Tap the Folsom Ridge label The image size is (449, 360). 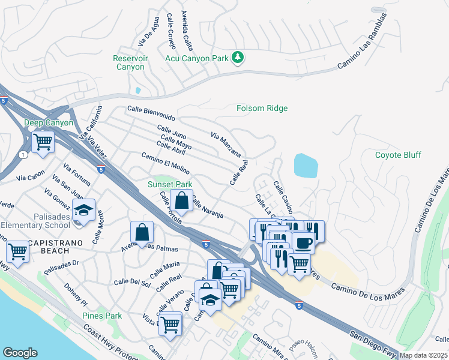pyautogui.click(x=262, y=109)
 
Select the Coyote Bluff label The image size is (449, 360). pyautogui.click(x=398, y=155)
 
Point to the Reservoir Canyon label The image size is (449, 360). pyautogui.click(x=129, y=62)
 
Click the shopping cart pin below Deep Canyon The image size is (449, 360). pyautogui.click(x=43, y=143)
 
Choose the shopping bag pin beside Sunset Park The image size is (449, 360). pyautogui.click(x=181, y=200)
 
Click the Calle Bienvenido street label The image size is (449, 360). pyautogui.click(x=151, y=113)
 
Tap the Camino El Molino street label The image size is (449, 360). pyautogui.click(x=165, y=163)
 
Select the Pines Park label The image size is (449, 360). pyautogui.click(x=102, y=316)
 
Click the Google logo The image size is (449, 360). pyautogui.click(x=20, y=353)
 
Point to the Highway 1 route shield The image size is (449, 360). pyautogui.click(x=23, y=155)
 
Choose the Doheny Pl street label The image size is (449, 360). pyautogui.click(x=76, y=294)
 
